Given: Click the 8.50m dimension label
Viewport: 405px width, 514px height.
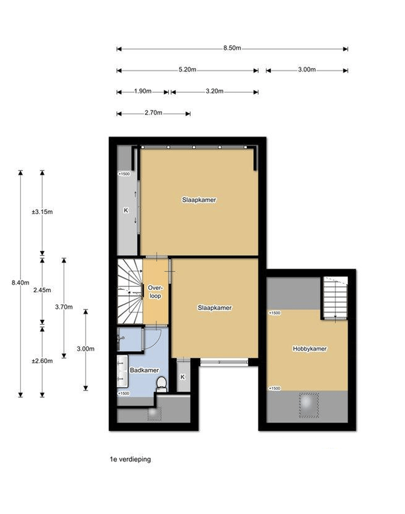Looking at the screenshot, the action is [x=232, y=48].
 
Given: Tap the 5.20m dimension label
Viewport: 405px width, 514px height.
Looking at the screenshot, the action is [x=188, y=69].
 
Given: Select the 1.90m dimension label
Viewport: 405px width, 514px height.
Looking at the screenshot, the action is [x=143, y=91].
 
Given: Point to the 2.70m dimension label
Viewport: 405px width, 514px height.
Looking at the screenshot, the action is [x=153, y=113].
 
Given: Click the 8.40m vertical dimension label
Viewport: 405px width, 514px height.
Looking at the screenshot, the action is [x=21, y=283].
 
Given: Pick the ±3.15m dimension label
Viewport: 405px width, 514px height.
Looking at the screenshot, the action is [x=42, y=212].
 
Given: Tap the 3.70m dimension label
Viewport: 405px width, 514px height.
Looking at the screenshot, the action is [x=64, y=307].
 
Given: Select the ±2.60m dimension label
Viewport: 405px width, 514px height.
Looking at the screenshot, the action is [x=42, y=361].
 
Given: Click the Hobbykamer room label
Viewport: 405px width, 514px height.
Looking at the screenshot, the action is [x=310, y=349].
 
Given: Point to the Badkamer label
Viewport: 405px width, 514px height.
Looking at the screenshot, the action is [x=144, y=370].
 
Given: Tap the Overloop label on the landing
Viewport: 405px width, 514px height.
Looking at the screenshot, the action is [x=155, y=292].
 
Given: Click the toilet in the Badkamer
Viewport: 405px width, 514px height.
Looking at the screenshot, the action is [x=161, y=384].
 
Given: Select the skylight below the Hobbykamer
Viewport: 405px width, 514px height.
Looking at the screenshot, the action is [x=309, y=405].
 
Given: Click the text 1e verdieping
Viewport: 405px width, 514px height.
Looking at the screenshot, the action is [x=130, y=459].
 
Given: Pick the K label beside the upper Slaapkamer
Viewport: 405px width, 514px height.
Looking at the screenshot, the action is [x=126, y=210].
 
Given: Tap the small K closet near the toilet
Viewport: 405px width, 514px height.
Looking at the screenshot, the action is [x=183, y=377].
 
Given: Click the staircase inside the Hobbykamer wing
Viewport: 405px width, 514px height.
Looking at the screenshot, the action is [x=335, y=298].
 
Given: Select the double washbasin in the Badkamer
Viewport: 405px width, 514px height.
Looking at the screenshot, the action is [x=122, y=371].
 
